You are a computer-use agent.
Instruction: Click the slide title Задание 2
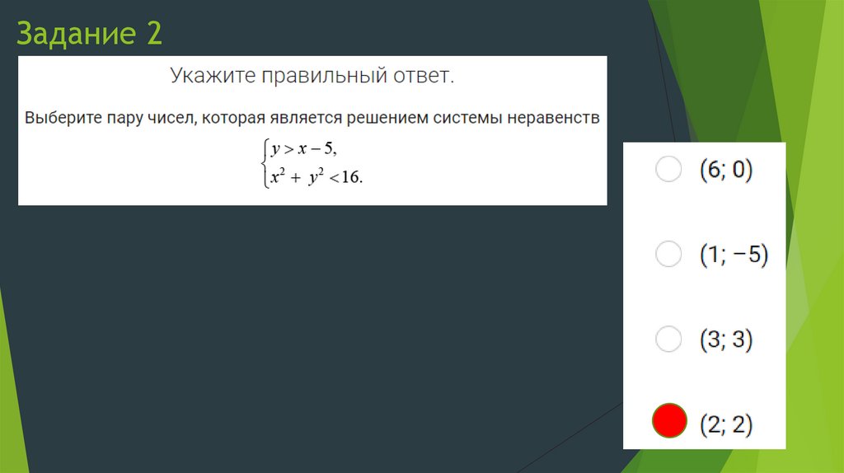point(90,34)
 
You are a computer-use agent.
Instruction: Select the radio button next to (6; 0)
point(668,169)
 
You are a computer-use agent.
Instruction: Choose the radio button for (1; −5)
point(668,254)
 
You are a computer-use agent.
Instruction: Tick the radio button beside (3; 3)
point(668,339)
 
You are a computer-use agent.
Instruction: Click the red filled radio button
point(668,422)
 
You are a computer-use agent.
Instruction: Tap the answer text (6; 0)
point(726,170)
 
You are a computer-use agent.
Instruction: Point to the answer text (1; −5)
point(734,255)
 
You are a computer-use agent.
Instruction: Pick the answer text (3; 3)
point(726,340)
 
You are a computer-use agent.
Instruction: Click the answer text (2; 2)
point(726,424)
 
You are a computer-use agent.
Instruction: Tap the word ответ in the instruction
point(424,77)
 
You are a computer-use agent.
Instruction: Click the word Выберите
point(62,118)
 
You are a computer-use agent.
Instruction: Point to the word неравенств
point(552,118)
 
